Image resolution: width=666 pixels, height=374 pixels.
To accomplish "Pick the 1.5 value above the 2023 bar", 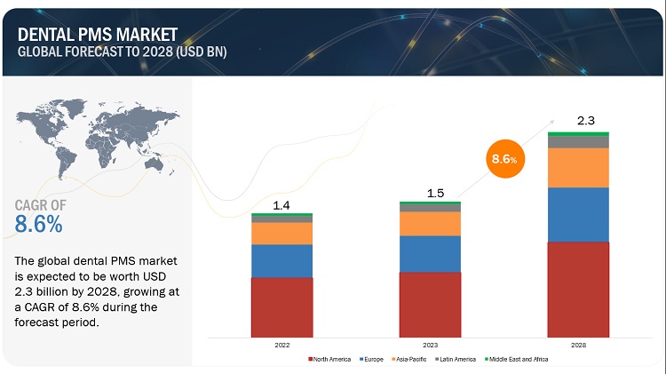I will (x=430, y=193).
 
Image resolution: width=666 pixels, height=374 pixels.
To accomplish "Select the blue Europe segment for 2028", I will (x=578, y=214).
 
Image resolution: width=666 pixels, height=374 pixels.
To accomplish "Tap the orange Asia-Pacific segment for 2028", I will (x=578, y=167).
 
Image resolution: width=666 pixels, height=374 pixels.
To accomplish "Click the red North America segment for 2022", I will (x=281, y=307).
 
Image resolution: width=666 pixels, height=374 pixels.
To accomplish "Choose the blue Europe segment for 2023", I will (x=430, y=253).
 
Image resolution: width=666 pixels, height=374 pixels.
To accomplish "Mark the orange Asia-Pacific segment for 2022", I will (x=281, y=233).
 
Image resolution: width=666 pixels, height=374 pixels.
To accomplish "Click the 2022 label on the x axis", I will (x=281, y=345).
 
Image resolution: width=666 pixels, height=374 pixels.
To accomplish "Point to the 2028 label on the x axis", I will (x=578, y=345).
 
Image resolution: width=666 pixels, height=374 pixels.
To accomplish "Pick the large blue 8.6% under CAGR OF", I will (x=39, y=224).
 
